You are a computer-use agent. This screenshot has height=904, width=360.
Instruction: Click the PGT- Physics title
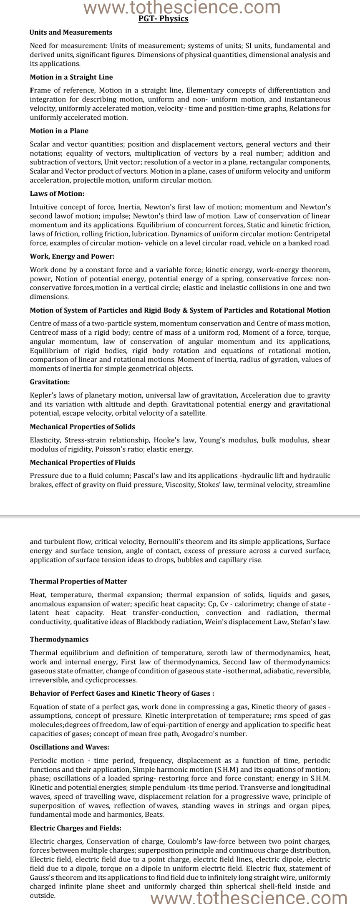pyautogui.click(x=163, y=19)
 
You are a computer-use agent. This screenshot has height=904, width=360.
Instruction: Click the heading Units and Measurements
pyautogui.click(x=71, y=32)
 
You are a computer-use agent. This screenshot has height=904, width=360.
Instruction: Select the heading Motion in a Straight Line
pyautogui.click(x=71, y=77)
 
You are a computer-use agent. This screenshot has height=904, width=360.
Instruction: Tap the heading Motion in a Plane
pyautogui.click(x=59, y=131)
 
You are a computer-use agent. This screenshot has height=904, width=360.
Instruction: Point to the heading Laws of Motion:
pyautogui.click(x=57, y=194)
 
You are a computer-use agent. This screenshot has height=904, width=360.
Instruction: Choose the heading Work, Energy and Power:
pyautogui.click(x=72, y=256)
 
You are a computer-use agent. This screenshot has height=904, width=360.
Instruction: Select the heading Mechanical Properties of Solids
pyautogui.click(x=83, y=427)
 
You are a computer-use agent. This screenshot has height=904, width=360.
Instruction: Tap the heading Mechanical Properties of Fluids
pyautogui.click(x=83, y=462)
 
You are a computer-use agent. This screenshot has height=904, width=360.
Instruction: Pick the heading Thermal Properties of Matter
pyautogui.click(x=78, y=581)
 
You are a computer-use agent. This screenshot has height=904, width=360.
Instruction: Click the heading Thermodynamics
pyautogui.click(x=59, y=639)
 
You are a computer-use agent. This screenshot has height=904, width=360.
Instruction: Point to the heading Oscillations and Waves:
pyautogui.click(x=70, y=747)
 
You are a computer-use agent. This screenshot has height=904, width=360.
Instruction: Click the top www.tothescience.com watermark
pyautogui.click(x=182, y=7)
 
